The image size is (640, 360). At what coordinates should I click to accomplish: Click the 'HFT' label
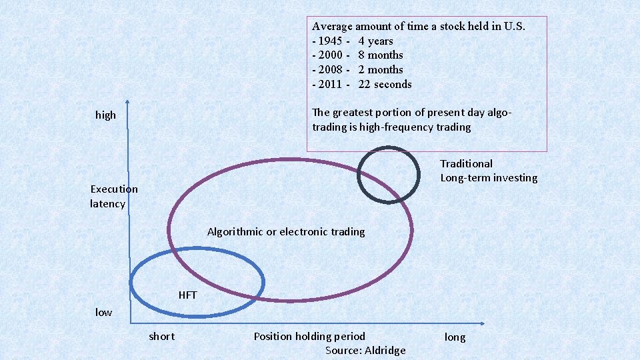(x=187, y=295)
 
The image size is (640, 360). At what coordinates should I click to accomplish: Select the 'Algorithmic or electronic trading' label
(x=286, y=232)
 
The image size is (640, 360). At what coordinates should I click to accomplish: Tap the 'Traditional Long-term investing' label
(x=488, y=171)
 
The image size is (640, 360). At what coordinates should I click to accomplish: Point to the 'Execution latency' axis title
(x=113, y=196)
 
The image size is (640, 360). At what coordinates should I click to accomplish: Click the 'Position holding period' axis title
(x=309, y=336)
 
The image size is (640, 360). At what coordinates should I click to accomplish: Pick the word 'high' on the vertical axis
(x=105, y=115)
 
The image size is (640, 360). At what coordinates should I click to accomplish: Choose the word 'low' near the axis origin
(x=103, y=312)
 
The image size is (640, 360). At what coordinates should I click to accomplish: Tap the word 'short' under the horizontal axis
(x=161, y=336)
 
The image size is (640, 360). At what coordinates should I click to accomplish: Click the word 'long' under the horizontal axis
(x=455, y=337)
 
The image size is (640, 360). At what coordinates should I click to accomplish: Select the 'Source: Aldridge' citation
(x=365, y=351)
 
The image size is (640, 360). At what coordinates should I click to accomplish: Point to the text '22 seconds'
(x=385, y=84)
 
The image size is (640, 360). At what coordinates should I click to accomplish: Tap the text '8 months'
(x=380, y=55)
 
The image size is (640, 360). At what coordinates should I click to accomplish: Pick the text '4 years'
(x=375, y=41)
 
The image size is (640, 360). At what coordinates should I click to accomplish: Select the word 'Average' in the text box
(x=332, y=27)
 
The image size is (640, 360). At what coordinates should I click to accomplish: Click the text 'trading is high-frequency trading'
(x=391, y=127)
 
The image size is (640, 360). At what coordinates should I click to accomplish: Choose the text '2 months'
(x=380, y=69)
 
